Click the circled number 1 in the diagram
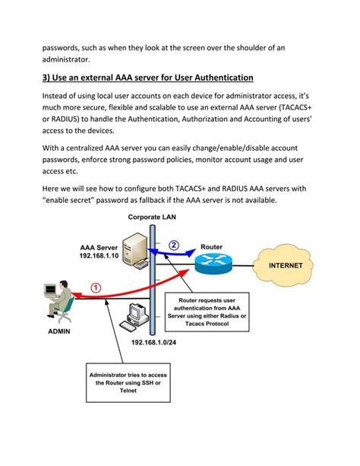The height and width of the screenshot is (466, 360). [x=95, y=287]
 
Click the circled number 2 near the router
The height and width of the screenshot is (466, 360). [x=174, y=246]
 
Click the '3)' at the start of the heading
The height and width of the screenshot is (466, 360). [x=47, y=78]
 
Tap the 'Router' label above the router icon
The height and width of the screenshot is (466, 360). [x=211, y=247]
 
